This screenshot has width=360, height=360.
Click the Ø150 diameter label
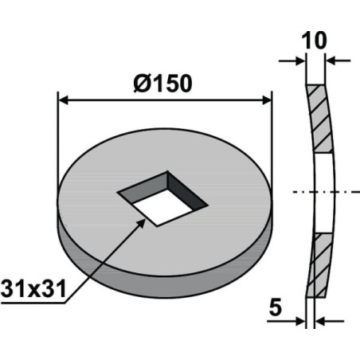(x=162, y=83)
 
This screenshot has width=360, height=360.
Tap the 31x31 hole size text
(x=33, y=289)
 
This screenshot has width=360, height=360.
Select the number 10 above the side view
(x=314, y=41)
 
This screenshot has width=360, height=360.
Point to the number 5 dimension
(x=276, y=307)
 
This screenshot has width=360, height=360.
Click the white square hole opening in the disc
(x=162, y=207)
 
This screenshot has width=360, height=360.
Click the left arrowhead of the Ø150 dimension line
(x=63, y=100)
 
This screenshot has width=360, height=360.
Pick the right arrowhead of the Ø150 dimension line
(x=267, y=100)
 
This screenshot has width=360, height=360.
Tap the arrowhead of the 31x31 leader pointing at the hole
(x=140, y=224)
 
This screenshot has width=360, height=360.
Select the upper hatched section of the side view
(x=320, y=119)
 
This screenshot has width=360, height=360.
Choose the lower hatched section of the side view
(x=320, y=265)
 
